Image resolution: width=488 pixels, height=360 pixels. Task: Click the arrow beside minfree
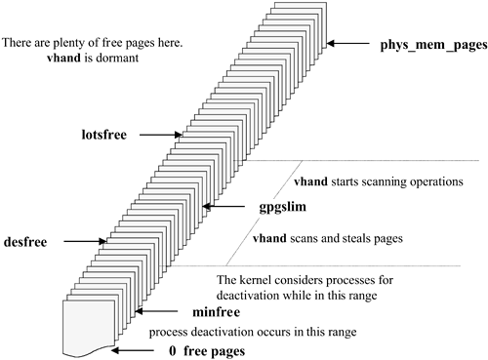[x=146, y=312]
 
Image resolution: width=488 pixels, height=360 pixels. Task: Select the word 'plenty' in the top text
[x=73, y=44]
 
